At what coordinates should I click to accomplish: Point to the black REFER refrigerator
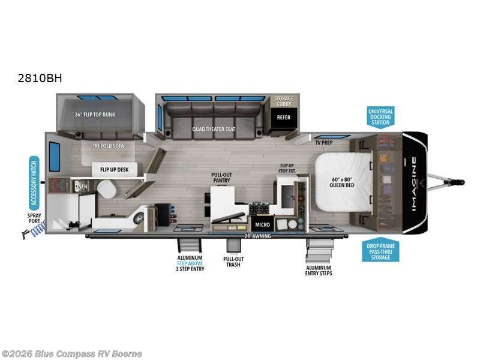tap(284, 118)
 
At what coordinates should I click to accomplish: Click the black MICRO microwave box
tap(262, 224)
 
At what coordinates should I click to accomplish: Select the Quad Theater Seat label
tap(213, 128)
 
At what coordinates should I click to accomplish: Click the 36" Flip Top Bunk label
tap(95, 114)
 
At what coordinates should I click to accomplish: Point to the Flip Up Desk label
tap(114, 170)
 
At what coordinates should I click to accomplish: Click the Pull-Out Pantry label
tap(221, 178)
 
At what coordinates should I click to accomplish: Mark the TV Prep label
tap(324, 143)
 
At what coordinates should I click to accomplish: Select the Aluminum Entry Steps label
tap(318, 270)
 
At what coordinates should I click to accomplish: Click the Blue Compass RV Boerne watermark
tap(72, 354)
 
